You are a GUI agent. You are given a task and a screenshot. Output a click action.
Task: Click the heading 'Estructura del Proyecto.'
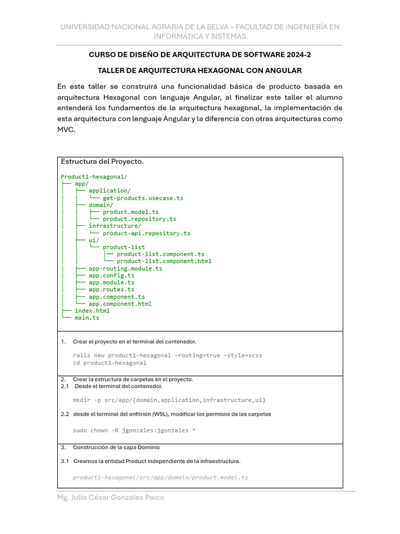point(102,162)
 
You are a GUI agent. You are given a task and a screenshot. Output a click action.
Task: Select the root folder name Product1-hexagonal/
point(94,177)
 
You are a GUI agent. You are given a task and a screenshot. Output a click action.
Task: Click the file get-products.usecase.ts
point(143,198)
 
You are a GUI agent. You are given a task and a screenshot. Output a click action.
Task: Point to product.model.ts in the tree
point(131,212)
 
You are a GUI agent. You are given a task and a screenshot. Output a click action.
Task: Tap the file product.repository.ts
point(139,219)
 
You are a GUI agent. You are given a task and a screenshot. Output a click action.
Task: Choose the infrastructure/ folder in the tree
point(115,226)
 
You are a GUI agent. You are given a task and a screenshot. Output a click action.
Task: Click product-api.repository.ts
point(146,233)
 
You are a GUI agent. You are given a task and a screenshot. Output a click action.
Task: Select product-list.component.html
point(164,261)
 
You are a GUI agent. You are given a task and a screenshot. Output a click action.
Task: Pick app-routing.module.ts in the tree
point(125,269)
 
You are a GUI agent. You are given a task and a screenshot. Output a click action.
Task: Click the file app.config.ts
point(111,275)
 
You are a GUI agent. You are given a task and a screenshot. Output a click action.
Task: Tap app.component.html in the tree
point(120,304)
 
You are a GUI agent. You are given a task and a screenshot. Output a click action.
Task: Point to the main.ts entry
point(86,318)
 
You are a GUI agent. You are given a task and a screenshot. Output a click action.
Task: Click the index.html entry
point(92,311)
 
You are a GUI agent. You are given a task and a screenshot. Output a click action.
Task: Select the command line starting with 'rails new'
point(167,355)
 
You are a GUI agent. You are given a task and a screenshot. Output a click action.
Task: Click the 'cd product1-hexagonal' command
point(109,363)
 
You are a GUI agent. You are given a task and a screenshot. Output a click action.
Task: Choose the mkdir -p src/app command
point(169,400)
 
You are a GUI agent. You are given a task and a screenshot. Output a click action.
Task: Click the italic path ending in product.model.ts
point(160,477)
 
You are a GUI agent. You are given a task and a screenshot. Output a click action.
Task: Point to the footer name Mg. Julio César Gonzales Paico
point(110,497)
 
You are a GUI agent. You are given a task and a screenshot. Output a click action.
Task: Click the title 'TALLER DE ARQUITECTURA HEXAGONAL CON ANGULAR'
point(199,70)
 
